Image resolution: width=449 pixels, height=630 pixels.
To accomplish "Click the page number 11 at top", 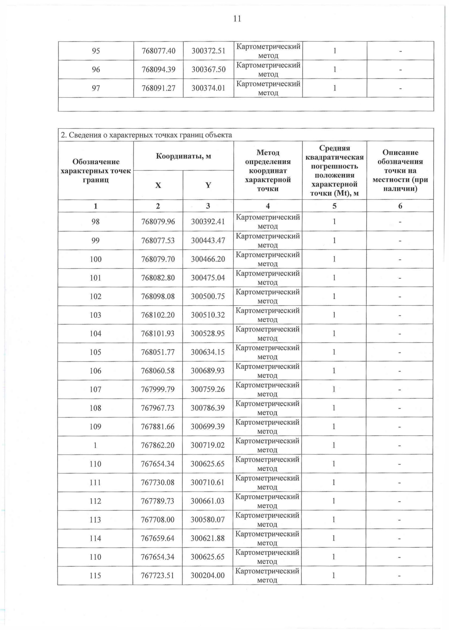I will click(237, 19).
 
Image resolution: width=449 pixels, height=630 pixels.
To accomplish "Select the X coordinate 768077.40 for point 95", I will click(158, 51).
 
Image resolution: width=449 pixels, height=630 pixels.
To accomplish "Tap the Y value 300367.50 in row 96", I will click(208, 70).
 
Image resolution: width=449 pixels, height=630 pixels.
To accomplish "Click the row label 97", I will click(96, 88).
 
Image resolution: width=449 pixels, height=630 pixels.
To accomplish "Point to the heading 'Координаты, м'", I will click(183, 156).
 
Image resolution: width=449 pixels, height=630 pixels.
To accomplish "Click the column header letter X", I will click(158, 185).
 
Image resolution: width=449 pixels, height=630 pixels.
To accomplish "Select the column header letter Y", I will click(208, 185).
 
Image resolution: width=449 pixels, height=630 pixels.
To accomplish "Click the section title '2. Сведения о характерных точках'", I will click(146, 135).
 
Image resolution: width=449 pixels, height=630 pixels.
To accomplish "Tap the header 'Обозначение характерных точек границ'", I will click(96, 171).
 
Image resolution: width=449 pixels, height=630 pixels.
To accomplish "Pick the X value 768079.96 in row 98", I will click(158, 221).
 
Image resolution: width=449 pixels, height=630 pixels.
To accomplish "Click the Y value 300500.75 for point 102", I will click(208, 296).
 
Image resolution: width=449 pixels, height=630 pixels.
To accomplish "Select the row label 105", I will click(95, 352).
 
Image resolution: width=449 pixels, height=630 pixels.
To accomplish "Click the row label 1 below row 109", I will click(95, 445).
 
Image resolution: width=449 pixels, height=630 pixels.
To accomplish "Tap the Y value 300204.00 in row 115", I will click(207, 575).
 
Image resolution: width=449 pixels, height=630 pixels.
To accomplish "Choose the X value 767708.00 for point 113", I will click(158, 520).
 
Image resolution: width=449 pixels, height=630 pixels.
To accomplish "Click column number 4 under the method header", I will click(268, 206).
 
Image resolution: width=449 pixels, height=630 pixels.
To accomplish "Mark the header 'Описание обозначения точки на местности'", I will click(400, 170).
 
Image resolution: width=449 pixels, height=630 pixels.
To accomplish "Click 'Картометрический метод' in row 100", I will click(268, 259).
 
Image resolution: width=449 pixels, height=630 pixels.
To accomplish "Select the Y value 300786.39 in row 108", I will click(208, 408).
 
